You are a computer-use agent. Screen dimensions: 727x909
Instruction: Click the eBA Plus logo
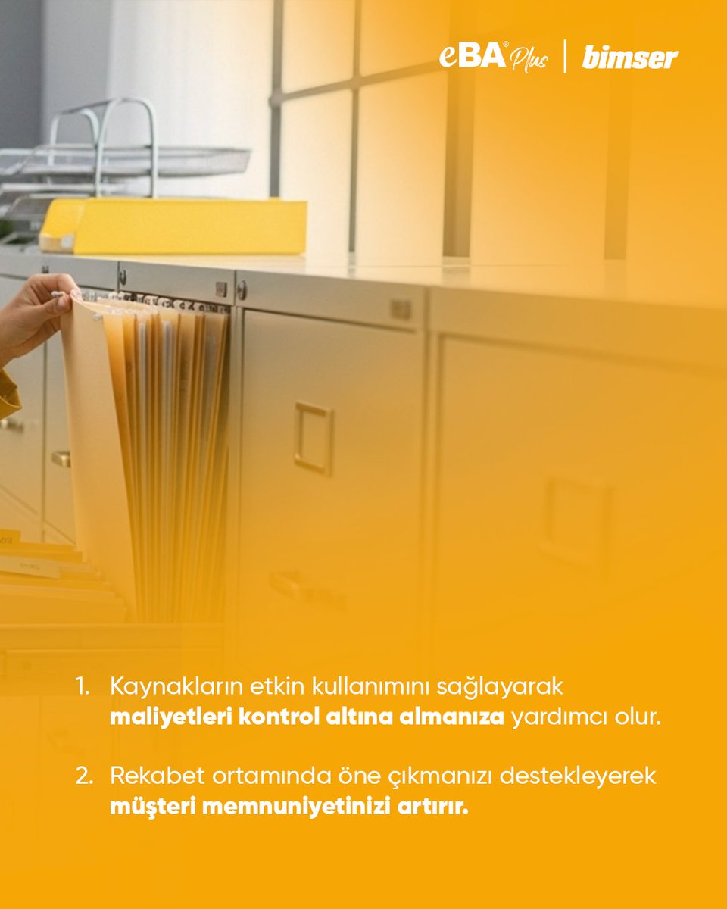click(x=494, y=57)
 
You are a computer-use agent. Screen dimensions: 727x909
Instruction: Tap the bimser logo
click(x=630, y=58)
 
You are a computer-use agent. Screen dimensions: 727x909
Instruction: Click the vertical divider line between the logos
click(x=565, y=56)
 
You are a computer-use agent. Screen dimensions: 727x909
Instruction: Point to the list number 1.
click(x=82, y=686)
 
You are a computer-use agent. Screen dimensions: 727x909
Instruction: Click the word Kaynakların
click(x=176, y=687)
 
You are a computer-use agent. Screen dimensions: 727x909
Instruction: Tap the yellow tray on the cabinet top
click(x=173, y=226)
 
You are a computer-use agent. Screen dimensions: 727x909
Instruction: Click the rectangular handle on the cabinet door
click(x=314, y=438)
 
